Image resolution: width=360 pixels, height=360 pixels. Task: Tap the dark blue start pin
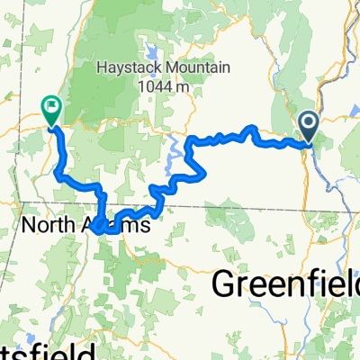pos(308,125)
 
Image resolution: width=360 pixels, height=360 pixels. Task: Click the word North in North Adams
pos(49,224)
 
